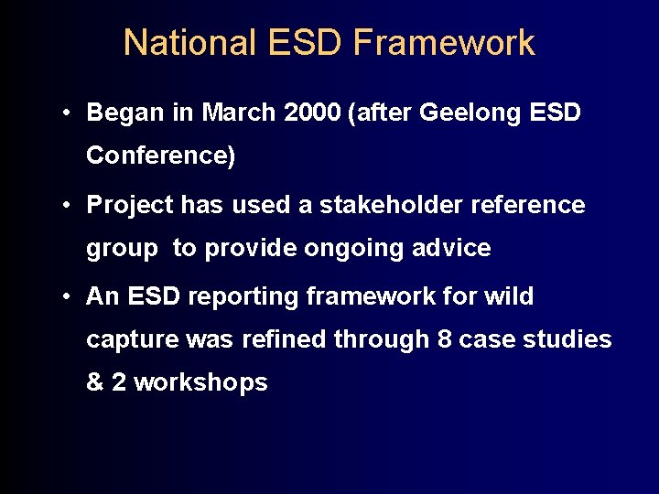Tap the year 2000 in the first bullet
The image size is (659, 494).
311,113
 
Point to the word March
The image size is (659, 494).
239,113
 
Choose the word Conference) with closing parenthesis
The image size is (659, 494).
160,156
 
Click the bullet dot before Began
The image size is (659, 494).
69,113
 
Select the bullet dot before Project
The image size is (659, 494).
69,205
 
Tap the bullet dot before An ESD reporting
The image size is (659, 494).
69,296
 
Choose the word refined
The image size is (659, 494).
285,339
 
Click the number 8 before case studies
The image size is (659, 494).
444,339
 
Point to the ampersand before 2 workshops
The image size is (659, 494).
95,382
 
